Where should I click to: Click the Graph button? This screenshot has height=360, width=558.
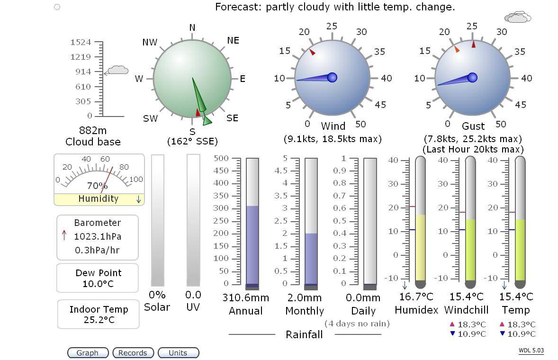88,353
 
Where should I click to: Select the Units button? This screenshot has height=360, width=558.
178,353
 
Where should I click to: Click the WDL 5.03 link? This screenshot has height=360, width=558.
531,351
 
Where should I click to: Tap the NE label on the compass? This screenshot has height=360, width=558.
233,40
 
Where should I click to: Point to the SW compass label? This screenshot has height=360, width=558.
150,118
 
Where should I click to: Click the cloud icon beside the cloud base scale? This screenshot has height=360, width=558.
117,71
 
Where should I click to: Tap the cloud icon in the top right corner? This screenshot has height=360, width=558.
518,18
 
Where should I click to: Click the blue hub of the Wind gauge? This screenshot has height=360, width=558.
332,77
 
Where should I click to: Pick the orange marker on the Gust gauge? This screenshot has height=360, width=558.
457,49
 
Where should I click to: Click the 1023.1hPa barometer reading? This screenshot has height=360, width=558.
98,236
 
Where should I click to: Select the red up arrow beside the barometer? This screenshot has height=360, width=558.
64,235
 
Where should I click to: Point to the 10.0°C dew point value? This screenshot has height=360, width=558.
99,284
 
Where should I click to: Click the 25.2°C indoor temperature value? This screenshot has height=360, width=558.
99,320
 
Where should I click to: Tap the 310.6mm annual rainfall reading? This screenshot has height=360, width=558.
245,297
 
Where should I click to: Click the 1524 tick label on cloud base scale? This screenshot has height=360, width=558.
81,42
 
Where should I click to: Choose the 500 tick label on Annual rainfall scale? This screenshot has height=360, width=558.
221,158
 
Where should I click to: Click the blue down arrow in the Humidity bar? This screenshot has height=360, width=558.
138,199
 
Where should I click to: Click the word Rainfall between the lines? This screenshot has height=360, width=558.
304,334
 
